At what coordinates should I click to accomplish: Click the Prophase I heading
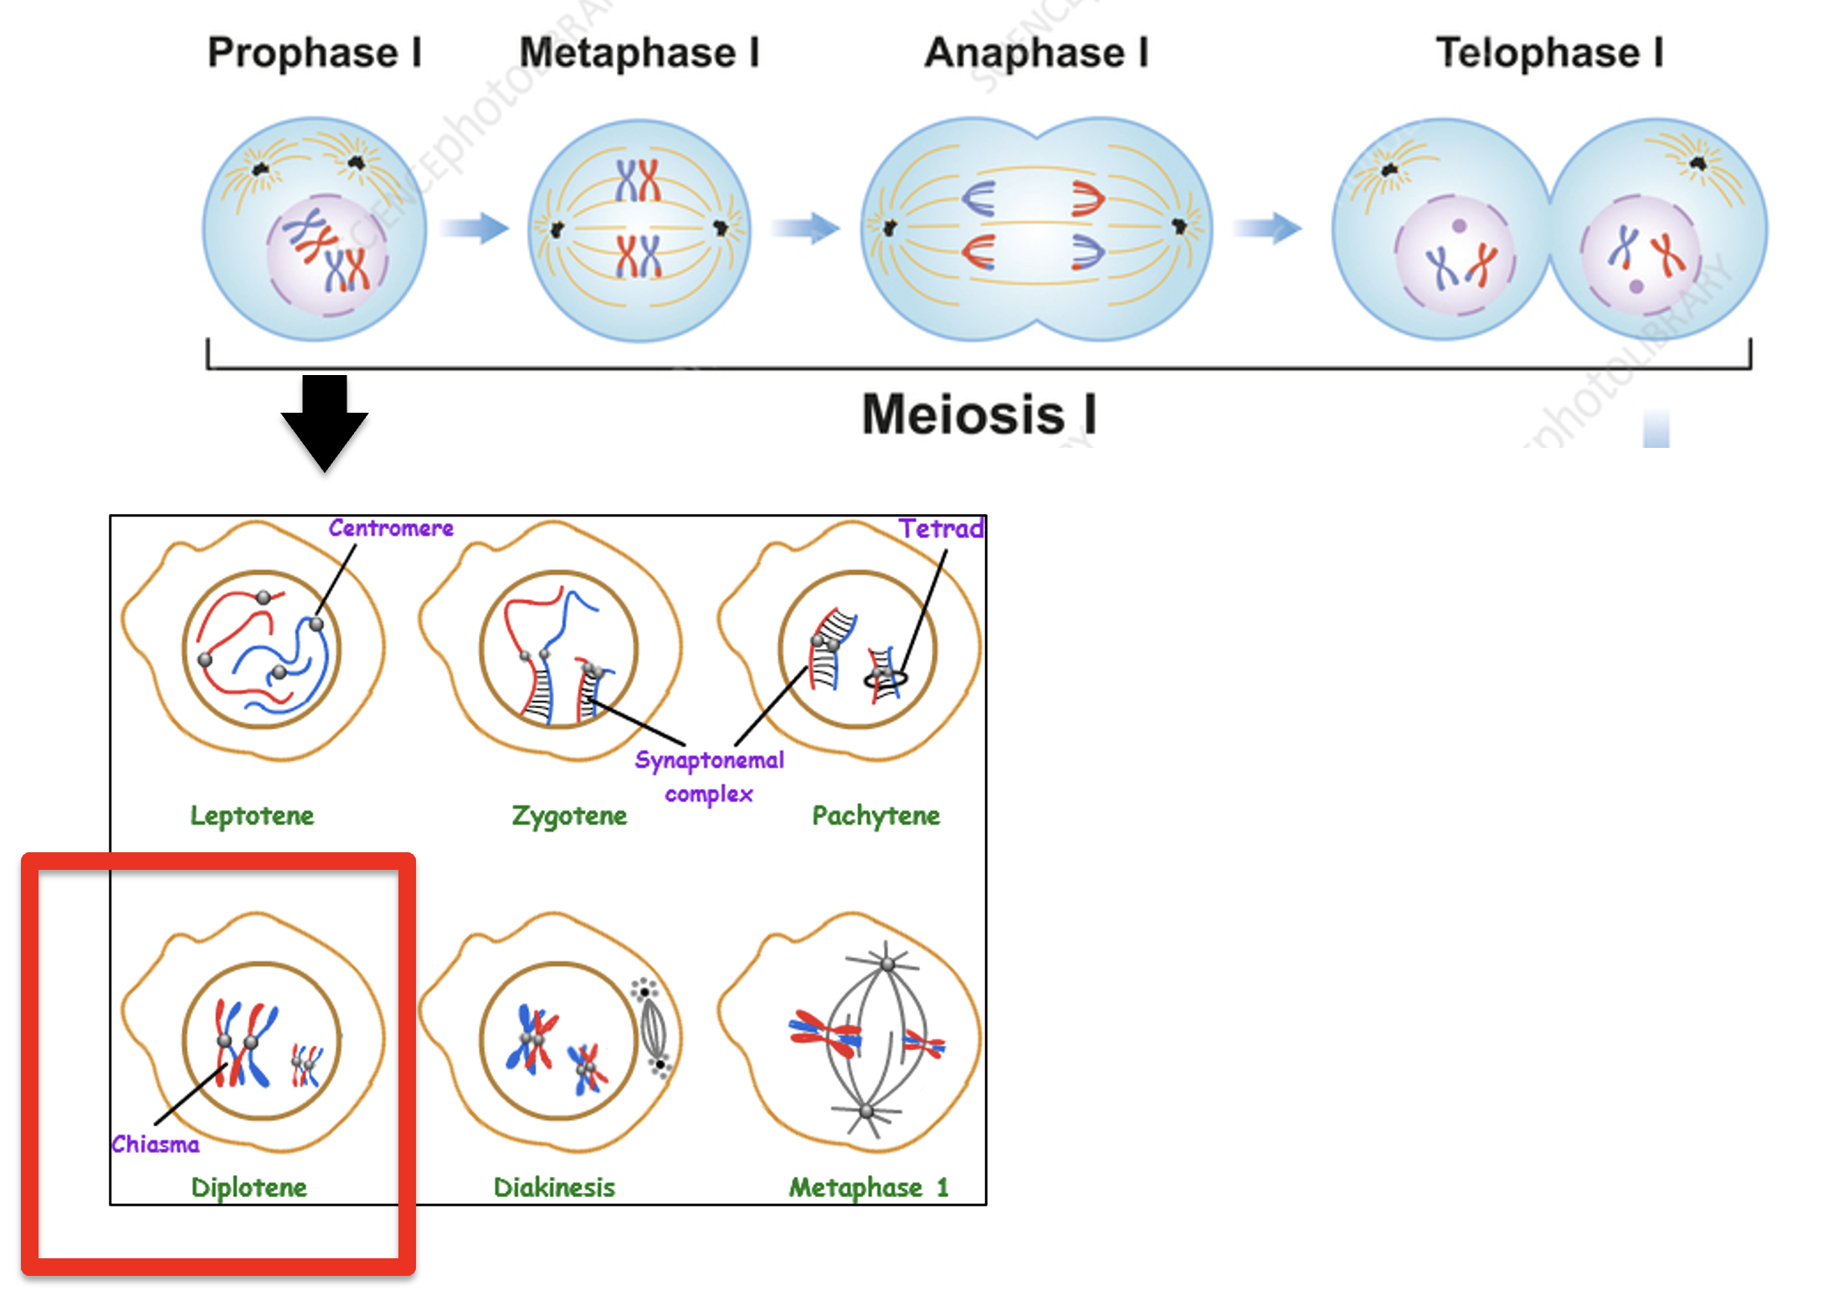click(x=314, y=53)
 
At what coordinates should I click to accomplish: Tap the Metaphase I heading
click(x=639, y=53)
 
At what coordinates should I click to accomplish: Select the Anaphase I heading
click(x=1036, y=53)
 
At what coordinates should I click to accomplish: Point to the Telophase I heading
click(x=1549, y=53)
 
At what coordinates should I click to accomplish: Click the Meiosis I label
click(x=978, y=414)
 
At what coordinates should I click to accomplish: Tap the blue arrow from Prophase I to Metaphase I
click(x=475, y=227)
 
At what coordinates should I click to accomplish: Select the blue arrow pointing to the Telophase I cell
click(x=1267, y=227)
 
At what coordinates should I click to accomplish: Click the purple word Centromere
click(x=390, y=528)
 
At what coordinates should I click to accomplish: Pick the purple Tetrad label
click(x=941, y=528)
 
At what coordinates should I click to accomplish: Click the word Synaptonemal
click(x=709, y=760)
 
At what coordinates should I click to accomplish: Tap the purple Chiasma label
click(x=156, y=1144)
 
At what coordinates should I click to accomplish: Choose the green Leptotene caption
click(x=252, y=815)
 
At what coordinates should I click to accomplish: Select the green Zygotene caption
click(x=569, y=815)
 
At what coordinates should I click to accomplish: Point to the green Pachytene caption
click(x=875, y=815)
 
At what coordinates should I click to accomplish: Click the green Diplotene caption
click(x=249, y=1187)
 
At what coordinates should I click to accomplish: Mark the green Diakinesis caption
click(x=554, y=1187)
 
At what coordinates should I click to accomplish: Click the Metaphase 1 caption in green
click(x=868, y=1187)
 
